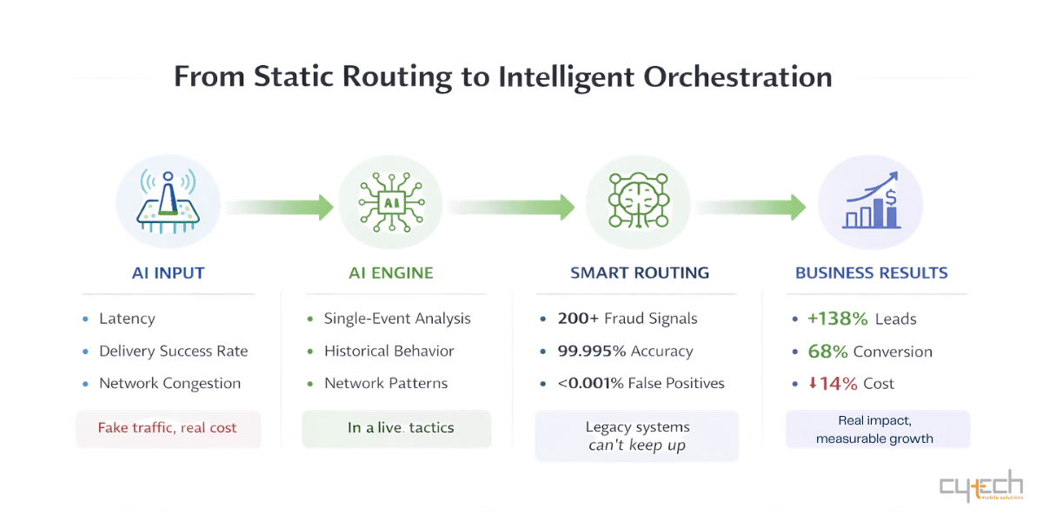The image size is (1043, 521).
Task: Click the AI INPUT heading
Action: coord(168,273)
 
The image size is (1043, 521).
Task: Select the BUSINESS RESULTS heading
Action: coord(871,273)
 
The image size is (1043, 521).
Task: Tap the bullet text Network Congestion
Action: coord(169,383)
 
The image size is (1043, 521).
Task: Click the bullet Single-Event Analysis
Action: coord(397,319)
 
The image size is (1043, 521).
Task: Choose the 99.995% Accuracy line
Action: coord(625,352)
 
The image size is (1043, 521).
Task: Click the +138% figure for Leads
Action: coord(838,319)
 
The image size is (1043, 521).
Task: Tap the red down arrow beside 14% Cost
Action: coord(813,383)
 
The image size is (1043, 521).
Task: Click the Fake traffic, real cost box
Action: coord(168,428)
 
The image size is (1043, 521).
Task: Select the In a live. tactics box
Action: coord(396,428)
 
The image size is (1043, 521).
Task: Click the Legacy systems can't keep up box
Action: coord(636,436)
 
